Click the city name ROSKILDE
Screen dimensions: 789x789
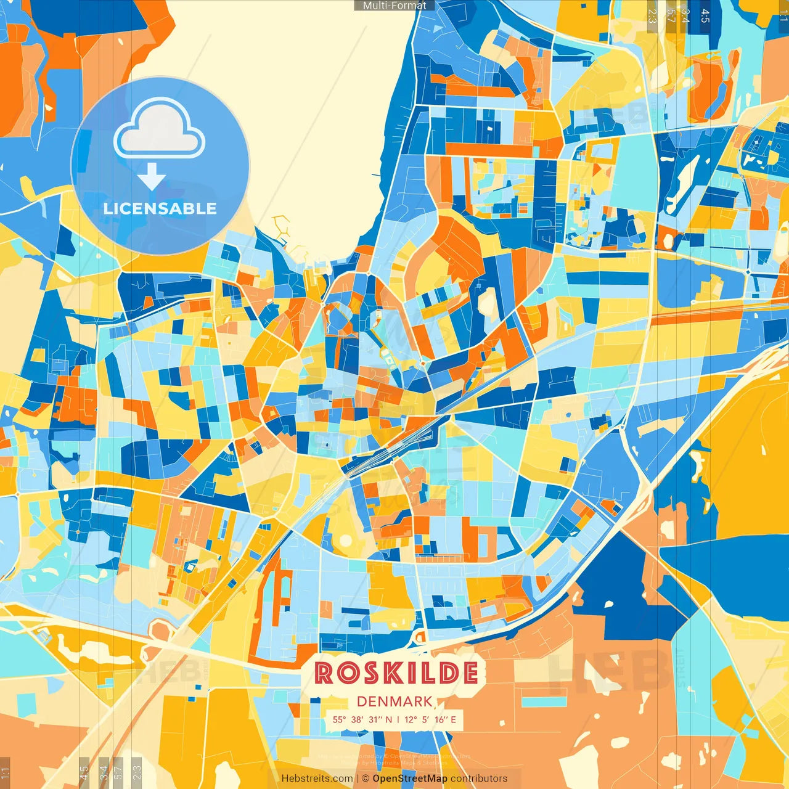396,672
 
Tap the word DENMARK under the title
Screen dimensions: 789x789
394,701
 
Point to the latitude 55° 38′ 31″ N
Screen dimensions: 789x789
362,719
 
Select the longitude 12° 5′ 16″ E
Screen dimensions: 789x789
430,719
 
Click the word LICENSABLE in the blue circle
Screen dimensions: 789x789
160,208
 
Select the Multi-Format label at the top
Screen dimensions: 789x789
394,6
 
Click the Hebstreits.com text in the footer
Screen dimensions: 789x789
317,779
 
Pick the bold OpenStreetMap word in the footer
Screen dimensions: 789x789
410,779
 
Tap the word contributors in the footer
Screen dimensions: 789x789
479,779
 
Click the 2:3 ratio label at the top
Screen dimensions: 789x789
652,15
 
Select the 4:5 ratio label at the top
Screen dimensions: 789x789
705,15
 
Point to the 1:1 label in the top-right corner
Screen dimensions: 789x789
783,15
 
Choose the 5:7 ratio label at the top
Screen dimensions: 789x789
671,15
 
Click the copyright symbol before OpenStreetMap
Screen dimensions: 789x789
365,779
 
